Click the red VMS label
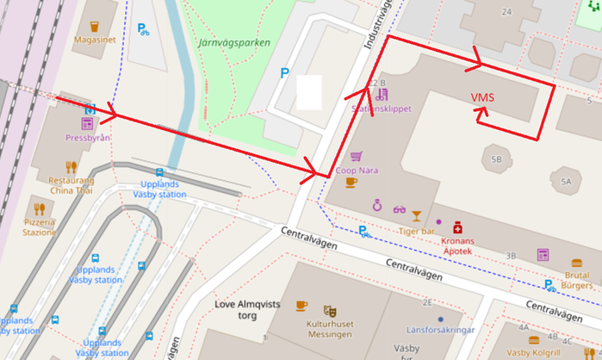pyautogui.click(x=482, y=97)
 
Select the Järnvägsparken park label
pyautogui.click(x=233, y=41)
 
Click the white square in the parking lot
pyautogui.click(x=308, y=92)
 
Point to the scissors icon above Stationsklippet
pyautogui.click(x=381, y=95)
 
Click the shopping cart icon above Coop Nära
pyautogui.click(x=356, y=157)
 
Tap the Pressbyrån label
pyautogui.click(x=86, y=137)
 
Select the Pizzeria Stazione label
pyautogui.click(x=39, y=226)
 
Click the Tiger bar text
pyautogui.click(x=416, y=231)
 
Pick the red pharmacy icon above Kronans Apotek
pyautogui.click(x=458, y=227)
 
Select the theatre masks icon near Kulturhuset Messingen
pyautogui.click(x=329, y=309)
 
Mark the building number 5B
pyautogui.click(x=495, y=159)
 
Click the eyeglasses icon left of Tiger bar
pyautogui.click(x=399, y=209)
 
